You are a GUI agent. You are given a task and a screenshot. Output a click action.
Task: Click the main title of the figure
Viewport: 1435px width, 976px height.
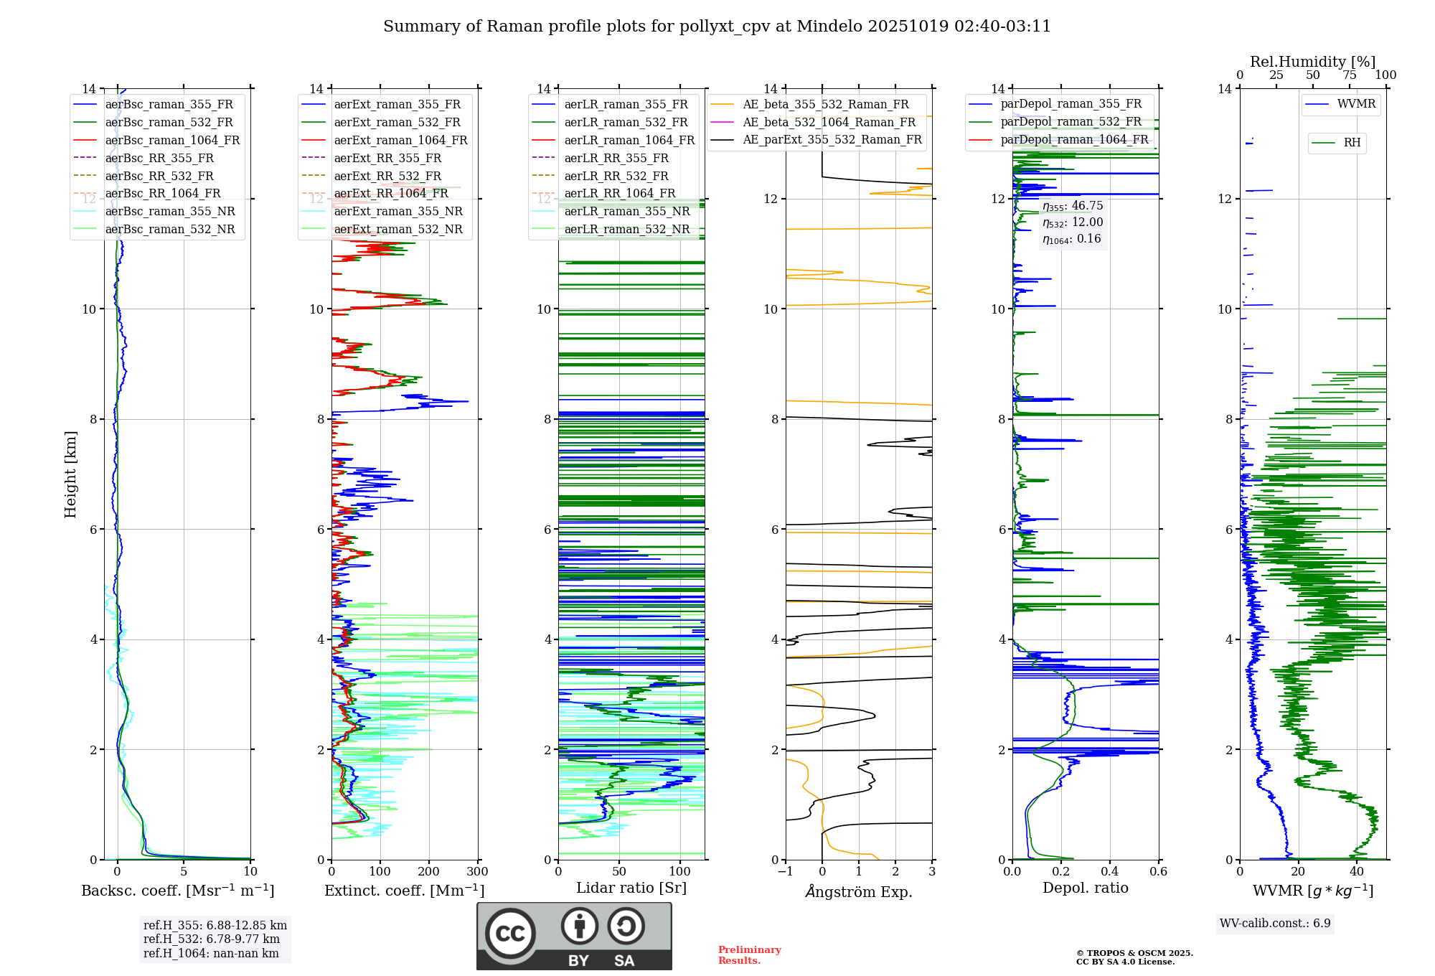pos(717,27)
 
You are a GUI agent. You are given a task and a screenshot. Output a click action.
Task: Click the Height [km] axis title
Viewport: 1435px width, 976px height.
pos(70,474)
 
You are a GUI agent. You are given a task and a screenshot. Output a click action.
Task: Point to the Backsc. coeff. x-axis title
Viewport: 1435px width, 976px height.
pos(177,891)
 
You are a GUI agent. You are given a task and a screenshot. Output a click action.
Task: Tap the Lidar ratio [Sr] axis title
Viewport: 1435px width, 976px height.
pos(631,888)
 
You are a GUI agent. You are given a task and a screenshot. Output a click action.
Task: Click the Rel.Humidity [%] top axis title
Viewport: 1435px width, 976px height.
pos(1312,62)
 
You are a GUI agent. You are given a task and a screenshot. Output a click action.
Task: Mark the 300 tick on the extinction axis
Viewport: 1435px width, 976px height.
pos(477,872)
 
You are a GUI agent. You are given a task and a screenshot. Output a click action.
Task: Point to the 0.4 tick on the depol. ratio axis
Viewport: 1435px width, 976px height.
pos(1109,872)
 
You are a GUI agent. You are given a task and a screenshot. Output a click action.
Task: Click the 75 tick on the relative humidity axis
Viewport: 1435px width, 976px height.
pos(1350,75)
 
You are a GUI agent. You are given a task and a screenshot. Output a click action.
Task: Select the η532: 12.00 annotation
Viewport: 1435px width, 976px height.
pos(1073,222)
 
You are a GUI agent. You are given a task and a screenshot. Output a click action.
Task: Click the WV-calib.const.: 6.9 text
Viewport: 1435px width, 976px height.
pos(1275,924)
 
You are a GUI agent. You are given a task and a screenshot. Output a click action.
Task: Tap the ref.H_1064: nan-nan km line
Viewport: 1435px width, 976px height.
pos(211,954)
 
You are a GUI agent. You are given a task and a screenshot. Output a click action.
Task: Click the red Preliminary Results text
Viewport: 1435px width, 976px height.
pos(749,955)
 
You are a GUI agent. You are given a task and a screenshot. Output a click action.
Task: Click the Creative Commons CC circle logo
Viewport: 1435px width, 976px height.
pos(510,934)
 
